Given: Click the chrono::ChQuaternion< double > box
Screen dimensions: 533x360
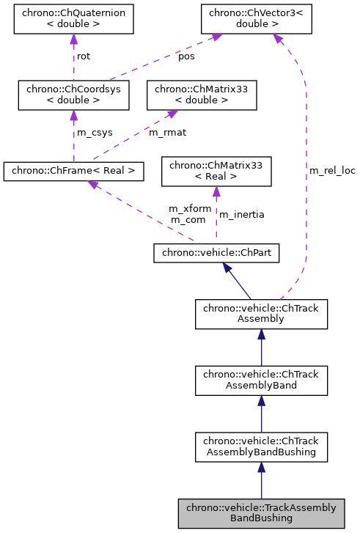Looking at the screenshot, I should [73, 21].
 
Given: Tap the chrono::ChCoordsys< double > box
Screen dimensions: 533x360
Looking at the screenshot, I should [73, 95].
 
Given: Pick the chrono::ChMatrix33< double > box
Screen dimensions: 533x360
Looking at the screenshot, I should [202, 95].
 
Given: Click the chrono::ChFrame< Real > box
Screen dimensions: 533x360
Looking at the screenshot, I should [73, 172].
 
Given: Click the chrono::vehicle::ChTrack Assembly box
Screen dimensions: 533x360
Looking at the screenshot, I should [261, 313].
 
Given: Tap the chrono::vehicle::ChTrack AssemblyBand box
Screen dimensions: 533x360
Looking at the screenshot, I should [261, 380].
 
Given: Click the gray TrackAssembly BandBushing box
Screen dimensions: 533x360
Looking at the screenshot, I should [261, 512].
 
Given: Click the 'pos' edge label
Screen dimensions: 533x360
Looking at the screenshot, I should [187, 57].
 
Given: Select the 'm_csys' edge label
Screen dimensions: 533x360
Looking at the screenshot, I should [93, 133].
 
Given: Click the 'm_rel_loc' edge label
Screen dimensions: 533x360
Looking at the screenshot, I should [332, 170].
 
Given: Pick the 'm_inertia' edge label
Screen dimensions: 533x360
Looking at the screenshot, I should [242, 215].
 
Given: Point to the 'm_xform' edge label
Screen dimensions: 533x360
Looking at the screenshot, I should [190, 209].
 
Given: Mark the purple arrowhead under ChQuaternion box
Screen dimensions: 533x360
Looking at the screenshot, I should [73, 39].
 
